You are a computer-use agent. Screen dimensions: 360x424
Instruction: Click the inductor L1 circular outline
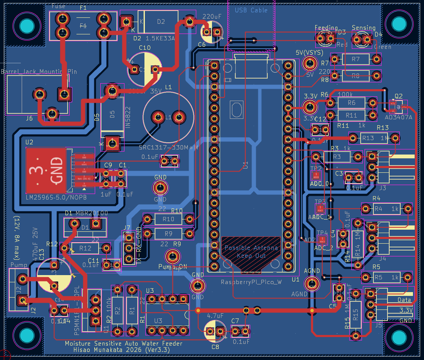pyautogui.click(x=168, y=117)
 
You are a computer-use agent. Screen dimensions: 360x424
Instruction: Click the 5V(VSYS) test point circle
pyautogui.click(x=310, y=65)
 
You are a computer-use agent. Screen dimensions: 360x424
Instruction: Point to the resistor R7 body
pyautogui.click(x=355, y=59)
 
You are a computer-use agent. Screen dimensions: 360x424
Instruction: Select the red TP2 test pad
pyautogui.click(x=316, y=176)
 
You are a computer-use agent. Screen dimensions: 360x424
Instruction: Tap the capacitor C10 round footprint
pyautogui.click(x=145, y=69)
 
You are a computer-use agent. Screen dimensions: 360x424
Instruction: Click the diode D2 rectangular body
pyautogui.click(x=161, y=22)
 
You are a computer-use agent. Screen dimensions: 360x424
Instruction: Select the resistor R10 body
pyautogui.click(x=168, y=219)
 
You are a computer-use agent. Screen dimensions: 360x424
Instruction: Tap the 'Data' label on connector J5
pyautogui.click(x=404, y=300)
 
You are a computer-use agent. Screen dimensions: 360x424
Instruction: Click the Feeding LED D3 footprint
pyautogui.click(x=325, y=39)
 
